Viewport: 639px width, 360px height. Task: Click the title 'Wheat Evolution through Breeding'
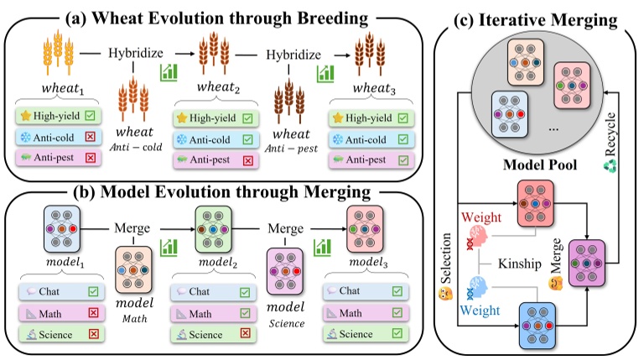click(x=224, y=14)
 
